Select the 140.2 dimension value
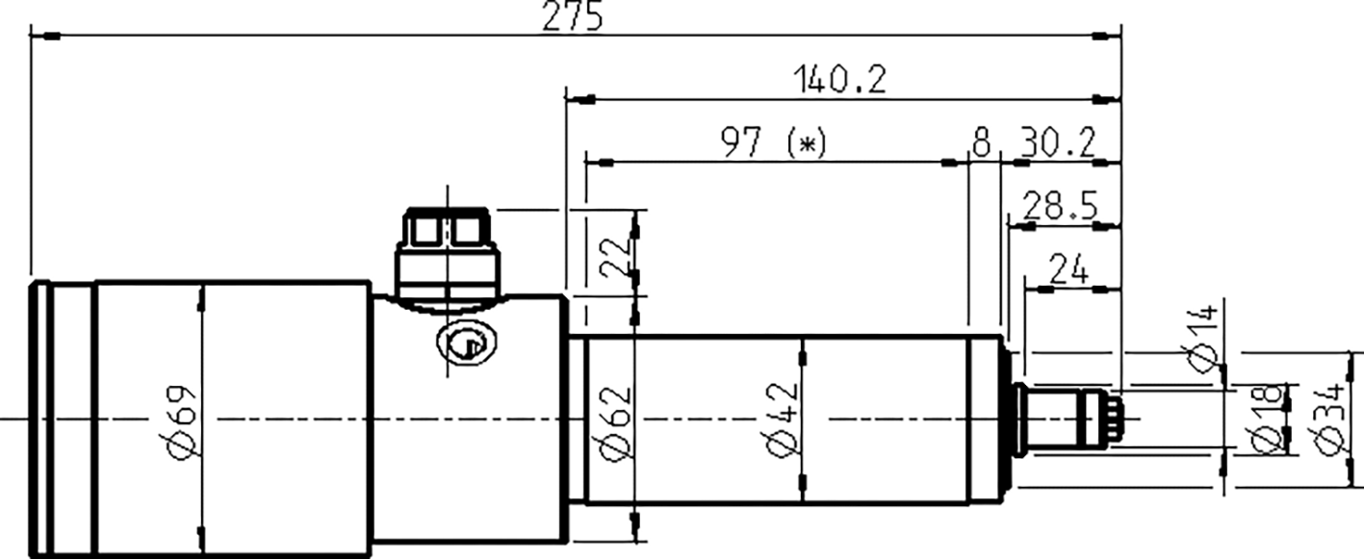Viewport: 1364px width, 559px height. tap(838, 80)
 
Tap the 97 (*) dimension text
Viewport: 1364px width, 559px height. tap(773, 144)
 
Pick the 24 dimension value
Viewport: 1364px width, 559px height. tap(1068, 270)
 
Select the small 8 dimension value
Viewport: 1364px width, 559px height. tap(980, 144)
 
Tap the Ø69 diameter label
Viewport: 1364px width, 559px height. tap(184, 419)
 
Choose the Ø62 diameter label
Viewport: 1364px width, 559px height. tap(618, 420)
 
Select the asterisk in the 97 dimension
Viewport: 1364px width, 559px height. tap(807, 144)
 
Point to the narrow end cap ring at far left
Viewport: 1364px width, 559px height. tap(39, 419)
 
